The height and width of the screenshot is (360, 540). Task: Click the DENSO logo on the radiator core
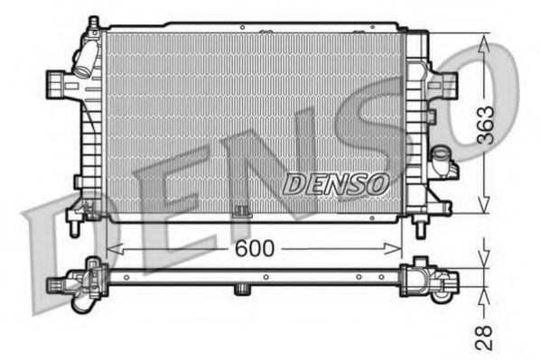[336, 183]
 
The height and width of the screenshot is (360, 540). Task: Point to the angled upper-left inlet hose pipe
[84, 61]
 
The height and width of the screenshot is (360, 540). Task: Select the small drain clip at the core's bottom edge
[241, 213]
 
